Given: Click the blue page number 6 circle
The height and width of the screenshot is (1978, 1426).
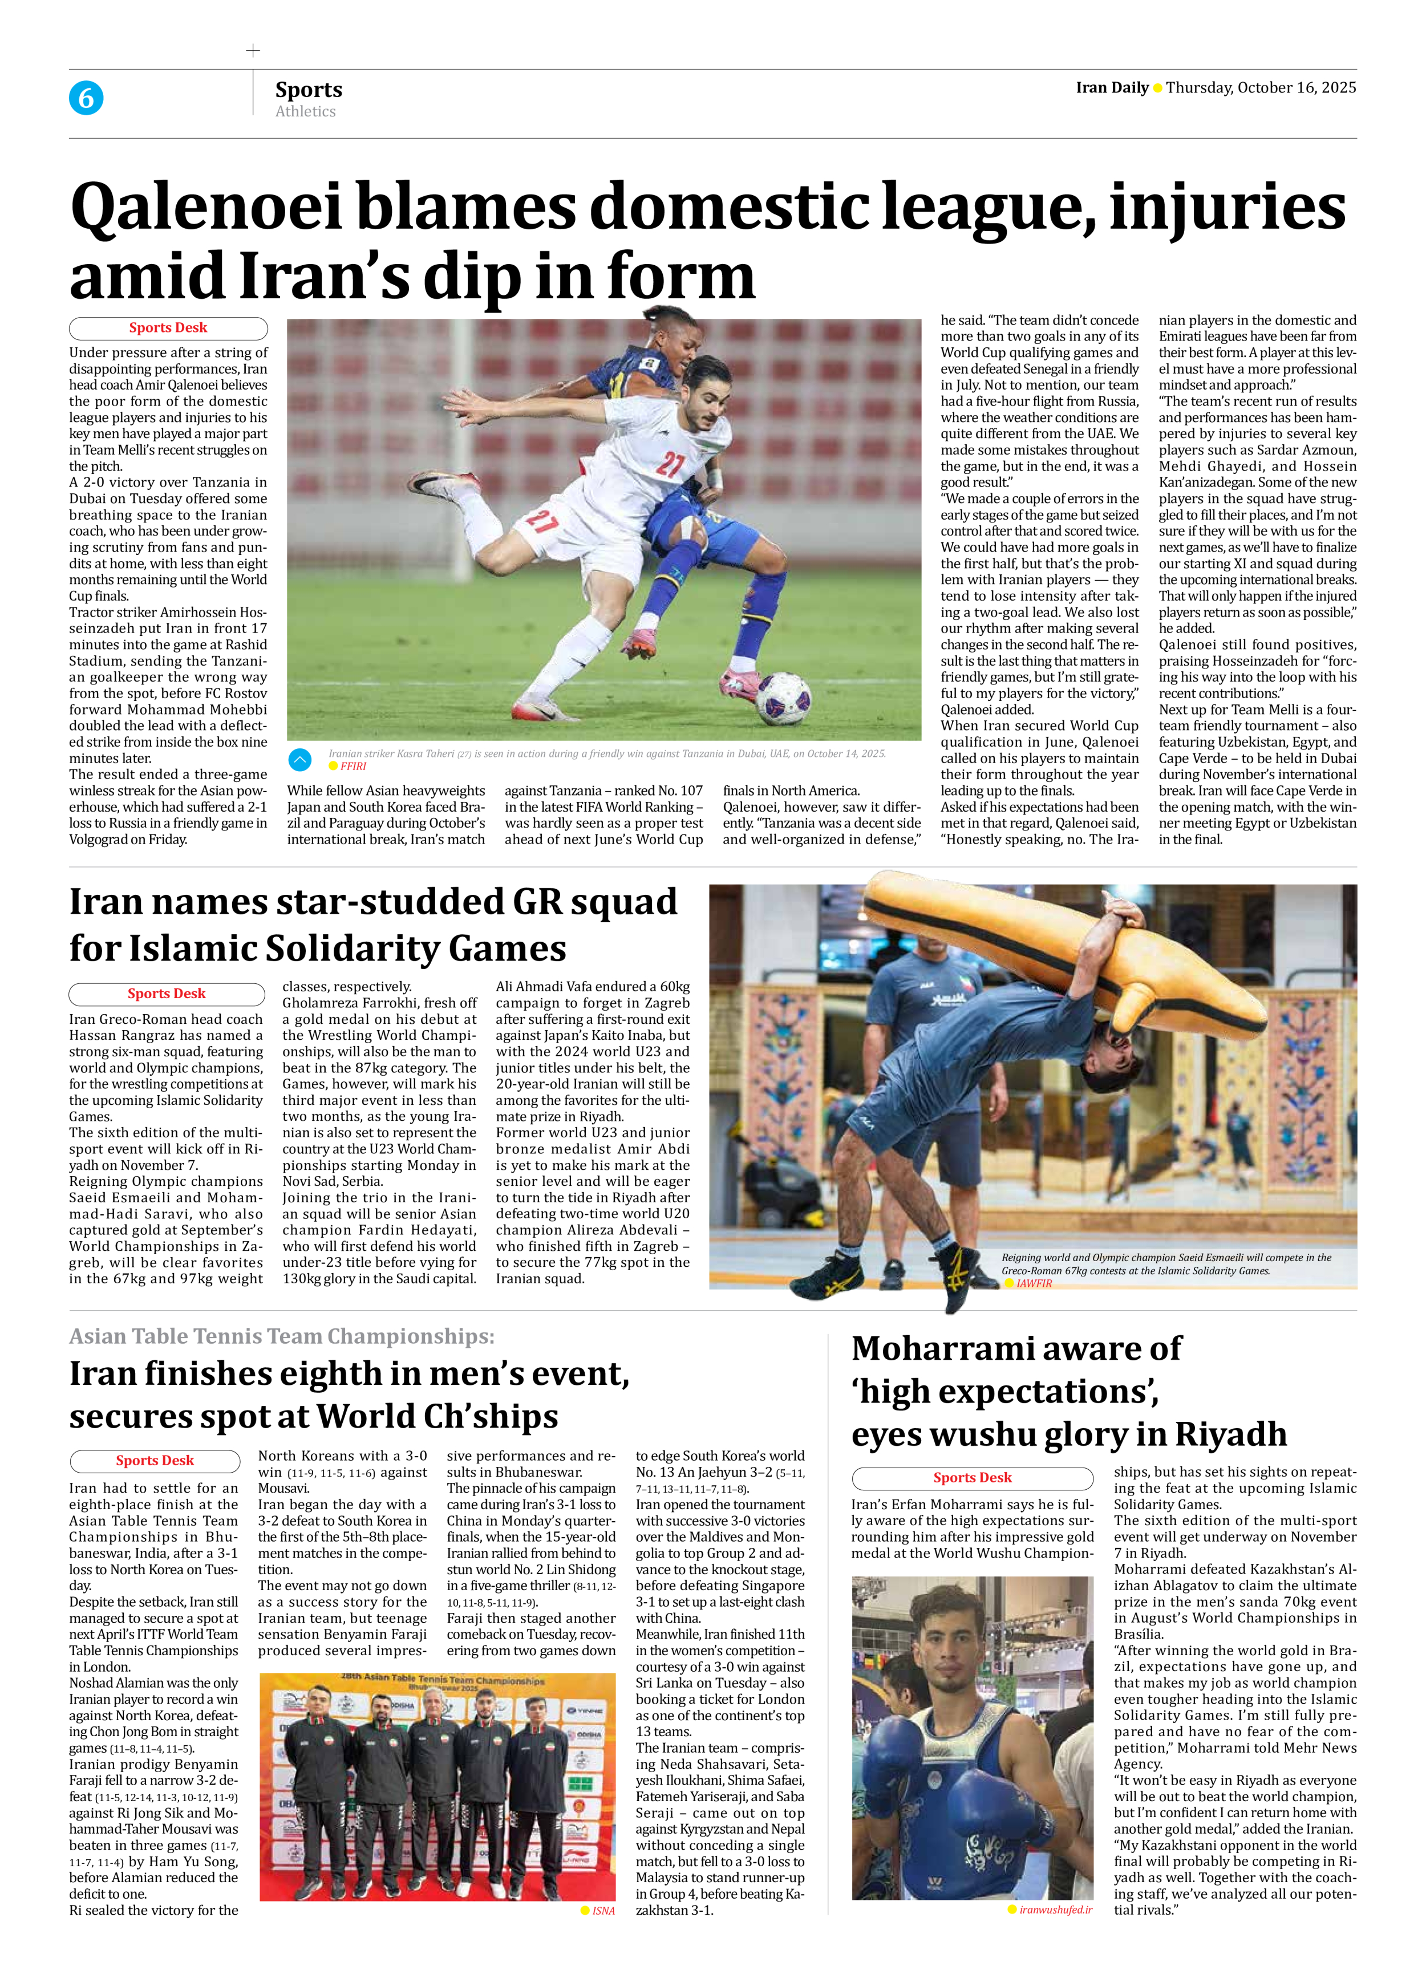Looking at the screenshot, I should point(86,98).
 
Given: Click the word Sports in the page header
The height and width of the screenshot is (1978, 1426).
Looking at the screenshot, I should point(308,90).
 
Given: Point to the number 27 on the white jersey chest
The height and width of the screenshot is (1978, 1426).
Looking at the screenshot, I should point(669,463).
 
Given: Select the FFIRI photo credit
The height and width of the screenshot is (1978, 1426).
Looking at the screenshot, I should point(353,766).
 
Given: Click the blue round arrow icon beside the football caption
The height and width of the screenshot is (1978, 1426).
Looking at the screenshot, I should point(299,760).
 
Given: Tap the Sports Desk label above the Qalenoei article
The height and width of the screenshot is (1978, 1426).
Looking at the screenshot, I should point(168,328).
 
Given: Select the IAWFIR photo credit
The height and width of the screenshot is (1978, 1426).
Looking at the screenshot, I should point(1034,1283).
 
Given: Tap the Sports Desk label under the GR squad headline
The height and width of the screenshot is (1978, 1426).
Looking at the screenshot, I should point(166,994).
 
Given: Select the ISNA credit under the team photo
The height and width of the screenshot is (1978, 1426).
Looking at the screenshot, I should point(603,1911).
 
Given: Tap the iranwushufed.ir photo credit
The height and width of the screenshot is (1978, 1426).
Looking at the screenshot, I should point(1055,1909).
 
